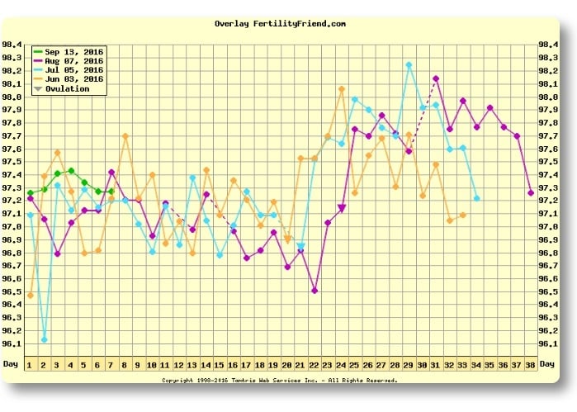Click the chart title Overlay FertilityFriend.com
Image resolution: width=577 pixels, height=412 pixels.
[x=280, y=24]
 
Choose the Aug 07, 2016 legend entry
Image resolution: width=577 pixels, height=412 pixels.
[x=69, y=61]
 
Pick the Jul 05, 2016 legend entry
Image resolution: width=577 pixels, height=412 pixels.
[x=69, y=70]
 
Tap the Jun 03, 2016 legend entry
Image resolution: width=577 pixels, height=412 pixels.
[x=69, y=79]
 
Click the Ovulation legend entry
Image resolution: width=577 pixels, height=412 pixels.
[x=66, y=88]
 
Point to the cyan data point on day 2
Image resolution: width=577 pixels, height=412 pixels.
[x=44, y=339]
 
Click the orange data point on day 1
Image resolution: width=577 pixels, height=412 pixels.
[x=31, y=295]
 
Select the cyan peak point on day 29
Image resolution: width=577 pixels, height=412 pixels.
[x=409, y=64]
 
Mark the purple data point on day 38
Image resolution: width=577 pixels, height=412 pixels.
[x=531, y=192]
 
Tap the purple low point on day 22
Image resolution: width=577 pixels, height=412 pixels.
[x=315, y=290]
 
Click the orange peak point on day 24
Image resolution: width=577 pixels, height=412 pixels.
[x=342, y=88]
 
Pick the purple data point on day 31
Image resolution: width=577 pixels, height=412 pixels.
[x=436, y=78]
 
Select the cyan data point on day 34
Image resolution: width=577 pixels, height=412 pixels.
[x=476, y=198]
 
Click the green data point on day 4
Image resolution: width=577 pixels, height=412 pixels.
[x=71, y=171]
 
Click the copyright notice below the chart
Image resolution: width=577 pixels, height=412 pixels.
[x=280, y=381]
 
